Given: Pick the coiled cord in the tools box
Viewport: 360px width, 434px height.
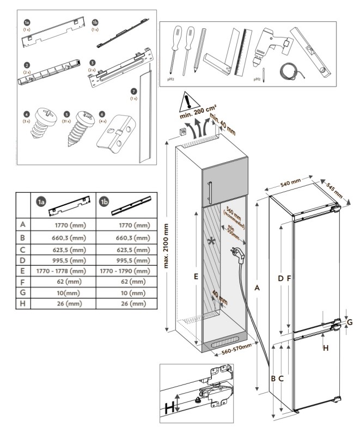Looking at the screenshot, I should (286, 71).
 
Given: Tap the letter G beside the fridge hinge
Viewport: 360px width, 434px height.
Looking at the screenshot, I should (350, 322).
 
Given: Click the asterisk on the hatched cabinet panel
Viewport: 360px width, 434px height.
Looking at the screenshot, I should (211, 240).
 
